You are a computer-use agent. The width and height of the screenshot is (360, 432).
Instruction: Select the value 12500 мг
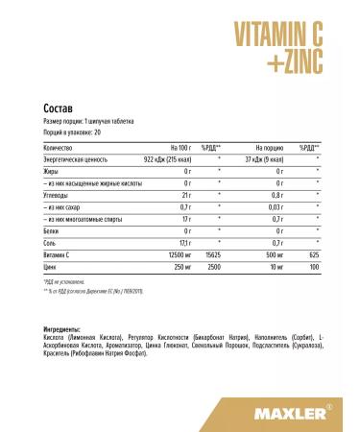tap(180, 254)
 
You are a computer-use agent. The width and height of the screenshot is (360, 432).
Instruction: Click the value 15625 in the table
tap(211, 254)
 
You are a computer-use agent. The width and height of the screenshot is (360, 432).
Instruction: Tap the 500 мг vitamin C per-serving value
tap(272, 254)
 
